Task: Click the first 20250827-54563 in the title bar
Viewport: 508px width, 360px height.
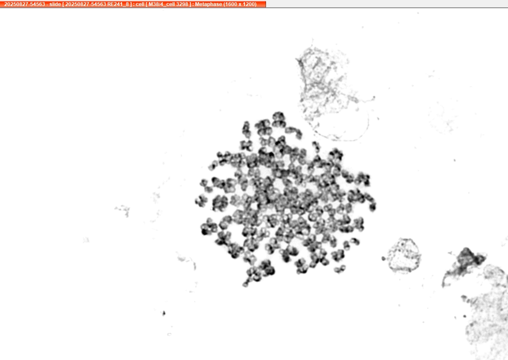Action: pyautogui.click(x=24, y=4)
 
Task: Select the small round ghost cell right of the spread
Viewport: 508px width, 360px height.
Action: pyautogui.click(x=405, y=255)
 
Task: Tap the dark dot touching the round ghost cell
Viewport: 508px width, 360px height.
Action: pyautogui.click(x=384, y=258)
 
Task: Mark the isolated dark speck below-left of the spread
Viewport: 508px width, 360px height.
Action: pyautogui.click(x=164, y=313)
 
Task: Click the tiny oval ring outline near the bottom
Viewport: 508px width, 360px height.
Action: pyautogui.click(x=169, y=334)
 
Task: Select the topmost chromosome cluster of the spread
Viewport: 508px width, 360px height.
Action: pyautogui.click(x=278, y=119)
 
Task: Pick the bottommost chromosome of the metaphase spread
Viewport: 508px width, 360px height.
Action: pyautogui.click(x=245, y=284)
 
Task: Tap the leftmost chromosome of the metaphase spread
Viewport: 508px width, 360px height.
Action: pyautogui.click(x=201, y=201)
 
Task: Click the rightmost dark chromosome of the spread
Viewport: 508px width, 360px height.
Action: pyautogui.click(x=372, y=206)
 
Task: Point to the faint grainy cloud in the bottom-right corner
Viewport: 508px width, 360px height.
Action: pyautogui.click(x=486, y=314)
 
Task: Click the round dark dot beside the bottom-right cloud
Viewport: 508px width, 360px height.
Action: pyautogui.click(x=465, y=316)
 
